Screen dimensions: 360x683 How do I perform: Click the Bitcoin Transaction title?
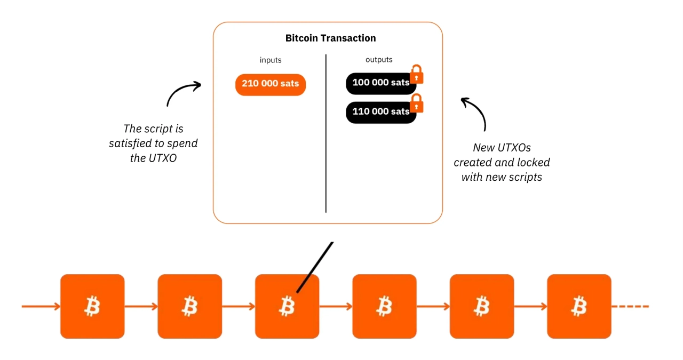tap(330, 38)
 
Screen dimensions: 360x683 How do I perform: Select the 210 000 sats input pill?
tap(271, 84)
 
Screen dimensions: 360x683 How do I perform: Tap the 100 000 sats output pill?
tap(380, 83)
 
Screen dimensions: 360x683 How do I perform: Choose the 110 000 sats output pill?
tap(380, 112)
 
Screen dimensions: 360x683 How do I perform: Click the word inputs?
tap(271, 60)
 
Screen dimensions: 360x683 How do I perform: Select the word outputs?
tap(379, 60)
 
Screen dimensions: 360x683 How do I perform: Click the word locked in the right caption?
tap(531, 162)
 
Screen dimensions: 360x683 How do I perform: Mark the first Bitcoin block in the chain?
tap(92, 306)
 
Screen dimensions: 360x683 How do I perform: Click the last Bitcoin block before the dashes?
tap(579, 306)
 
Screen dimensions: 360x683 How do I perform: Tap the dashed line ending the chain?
tap(631, 307)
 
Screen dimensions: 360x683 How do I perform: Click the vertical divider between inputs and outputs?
tap(325, 133)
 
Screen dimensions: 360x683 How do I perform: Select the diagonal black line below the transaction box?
tap(315, 267)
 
